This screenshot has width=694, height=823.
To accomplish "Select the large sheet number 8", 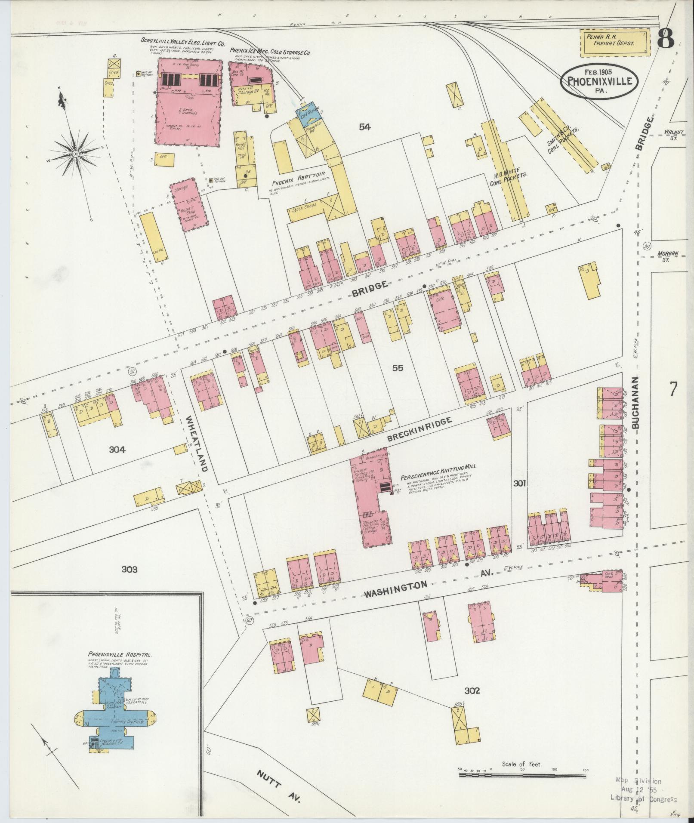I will coord(666,41).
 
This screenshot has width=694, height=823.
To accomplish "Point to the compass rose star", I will coord(75,153).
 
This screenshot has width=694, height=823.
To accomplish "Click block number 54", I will coord(365,126).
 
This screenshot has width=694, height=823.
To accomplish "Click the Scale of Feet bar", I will coord(522,775).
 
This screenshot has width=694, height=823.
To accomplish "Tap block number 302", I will coord(472,691).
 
